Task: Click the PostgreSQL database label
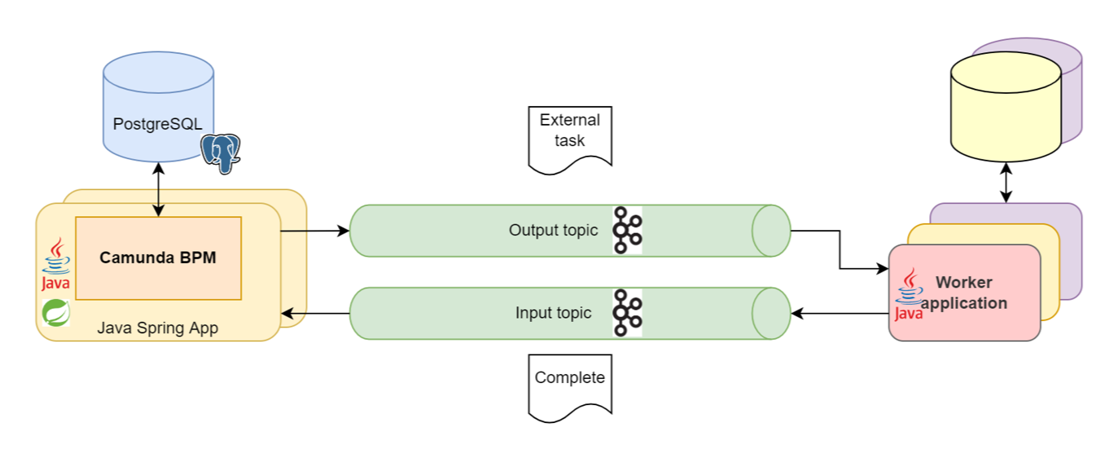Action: click(158, 125)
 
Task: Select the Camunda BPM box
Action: click(158, 258)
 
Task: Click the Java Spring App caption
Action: click(158, 329)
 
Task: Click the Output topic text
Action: click(553, 231)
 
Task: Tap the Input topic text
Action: click(553, 313)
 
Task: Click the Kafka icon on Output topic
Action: click(627, 231)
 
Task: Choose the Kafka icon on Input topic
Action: click(627, 313)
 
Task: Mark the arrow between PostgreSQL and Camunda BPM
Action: click(158, 189)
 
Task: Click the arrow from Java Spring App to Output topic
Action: click(314, 231)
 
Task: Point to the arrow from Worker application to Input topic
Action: click(839, 313)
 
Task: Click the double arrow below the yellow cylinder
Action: click(1006, 182)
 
